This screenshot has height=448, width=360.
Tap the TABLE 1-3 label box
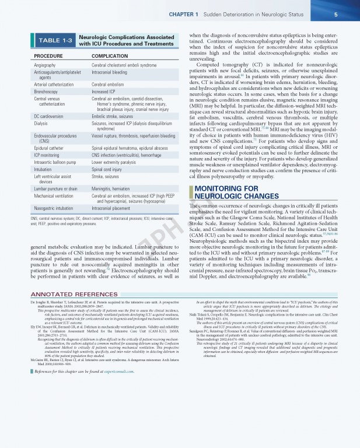click(55, 40)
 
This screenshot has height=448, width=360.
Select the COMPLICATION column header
click(110, 56)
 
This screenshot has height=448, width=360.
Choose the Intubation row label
click(44, 169)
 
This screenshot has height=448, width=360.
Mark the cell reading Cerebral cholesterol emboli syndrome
click(124, 65)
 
